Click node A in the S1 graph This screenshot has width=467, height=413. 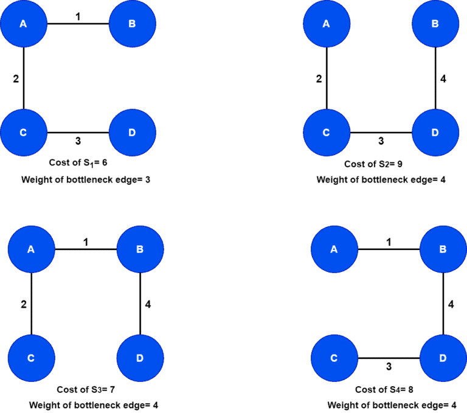[23, 24]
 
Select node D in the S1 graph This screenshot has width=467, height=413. [133, 133]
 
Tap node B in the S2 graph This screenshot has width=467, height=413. [435, 24]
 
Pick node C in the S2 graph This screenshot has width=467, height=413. [327, 133]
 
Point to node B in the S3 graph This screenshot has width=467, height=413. [140, 249]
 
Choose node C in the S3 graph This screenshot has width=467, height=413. [31, 358]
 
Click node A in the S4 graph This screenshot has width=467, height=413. [334, 249]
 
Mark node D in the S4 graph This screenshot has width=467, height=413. [443, 358]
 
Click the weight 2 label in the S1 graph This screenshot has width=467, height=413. [16, 78]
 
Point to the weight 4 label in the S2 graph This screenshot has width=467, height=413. [443, 79]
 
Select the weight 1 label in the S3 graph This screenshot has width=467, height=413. [86, 242]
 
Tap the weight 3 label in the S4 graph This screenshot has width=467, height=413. [389, 366]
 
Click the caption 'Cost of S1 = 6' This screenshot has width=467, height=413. [78, 163]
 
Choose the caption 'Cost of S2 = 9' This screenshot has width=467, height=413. [373, 164]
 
